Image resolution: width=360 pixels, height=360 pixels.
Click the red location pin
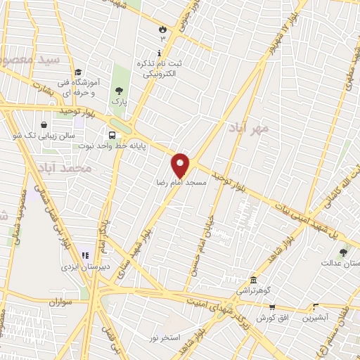click(x=181, y=165)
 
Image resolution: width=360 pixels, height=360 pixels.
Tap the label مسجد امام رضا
click(x=181, y=182)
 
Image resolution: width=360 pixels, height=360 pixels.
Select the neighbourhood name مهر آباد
click(x=248, y=129)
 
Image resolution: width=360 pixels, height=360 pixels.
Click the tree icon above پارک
click(x=119, y=90)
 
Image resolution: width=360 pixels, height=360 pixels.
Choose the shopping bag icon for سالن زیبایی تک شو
click(x=44, y=124)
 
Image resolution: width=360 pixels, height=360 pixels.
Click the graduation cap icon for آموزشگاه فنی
click(x=78, y=72)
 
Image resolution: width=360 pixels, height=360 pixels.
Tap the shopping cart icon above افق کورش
click(x=271, y=307)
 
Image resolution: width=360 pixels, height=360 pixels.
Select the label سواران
click(x=60, y=302)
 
